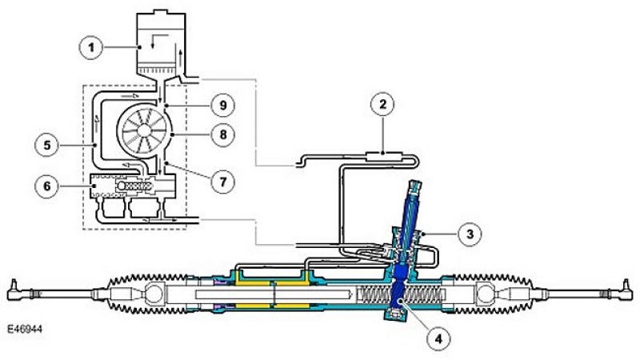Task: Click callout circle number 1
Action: click(91, 47)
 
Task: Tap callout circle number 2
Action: click(382, 105)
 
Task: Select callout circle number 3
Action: click(470, 234)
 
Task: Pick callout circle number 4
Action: click(438, 338)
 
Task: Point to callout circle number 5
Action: click(47, 145)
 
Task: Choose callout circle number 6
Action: click(47, 186)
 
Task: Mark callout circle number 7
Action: click(223, 182)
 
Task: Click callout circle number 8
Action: click(223, 134)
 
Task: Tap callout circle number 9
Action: click(223, 106)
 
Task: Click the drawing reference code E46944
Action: click(25, 329)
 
